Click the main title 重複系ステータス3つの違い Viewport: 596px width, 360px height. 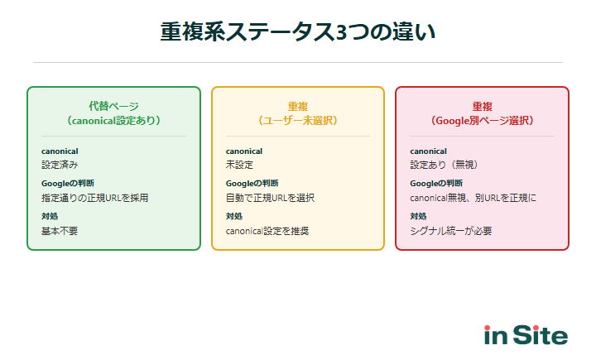coord(298,32)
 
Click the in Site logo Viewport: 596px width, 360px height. coord(526,335)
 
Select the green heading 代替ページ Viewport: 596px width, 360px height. coord(113,106)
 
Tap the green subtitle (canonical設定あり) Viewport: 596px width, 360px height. coord(113,120)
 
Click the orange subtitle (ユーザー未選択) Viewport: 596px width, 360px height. coord(298,120)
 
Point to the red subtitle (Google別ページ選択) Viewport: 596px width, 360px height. coord(482,120)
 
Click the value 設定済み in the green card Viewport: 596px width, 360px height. coord(59,165)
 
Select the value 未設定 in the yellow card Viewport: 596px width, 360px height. coord(239,165)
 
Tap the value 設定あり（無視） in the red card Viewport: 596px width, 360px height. coord(444,165)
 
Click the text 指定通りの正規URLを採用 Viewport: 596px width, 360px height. coord(94,198)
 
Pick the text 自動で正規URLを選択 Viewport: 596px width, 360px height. coord(270,198)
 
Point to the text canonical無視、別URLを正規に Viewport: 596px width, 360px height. coord(473,198)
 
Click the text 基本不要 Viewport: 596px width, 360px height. coord(59,231)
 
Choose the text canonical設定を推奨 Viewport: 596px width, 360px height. coord(267,231)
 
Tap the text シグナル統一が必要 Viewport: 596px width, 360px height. coord(450,231)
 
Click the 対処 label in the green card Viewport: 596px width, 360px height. coord(50,217)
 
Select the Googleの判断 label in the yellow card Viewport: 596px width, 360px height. coord(252,183)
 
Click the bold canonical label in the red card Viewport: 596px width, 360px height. coord(428,151)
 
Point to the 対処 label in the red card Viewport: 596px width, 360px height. coord(418,217)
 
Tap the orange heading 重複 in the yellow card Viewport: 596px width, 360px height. coord(298,106)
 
